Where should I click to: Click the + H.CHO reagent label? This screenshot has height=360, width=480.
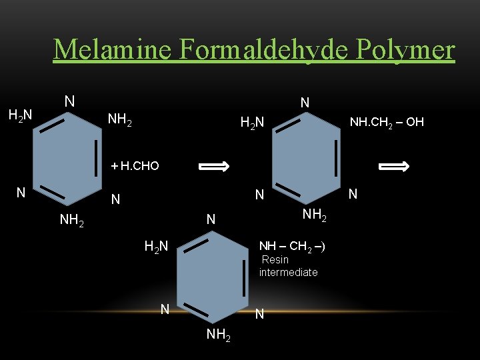(x=135, y=166)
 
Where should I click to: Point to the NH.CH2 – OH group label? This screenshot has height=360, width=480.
(x=387, y=122)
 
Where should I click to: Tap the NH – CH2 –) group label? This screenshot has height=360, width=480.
(x=292, y=247)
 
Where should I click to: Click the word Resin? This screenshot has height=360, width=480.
(x=275, y=259)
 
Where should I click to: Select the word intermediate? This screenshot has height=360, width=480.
(x=288, y=272)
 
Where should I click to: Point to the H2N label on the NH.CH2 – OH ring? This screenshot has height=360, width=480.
(x=253, y=122)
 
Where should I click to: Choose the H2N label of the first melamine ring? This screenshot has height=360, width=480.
(x=20, y=115)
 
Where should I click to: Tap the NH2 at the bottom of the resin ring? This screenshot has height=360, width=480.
(x=219, y=335)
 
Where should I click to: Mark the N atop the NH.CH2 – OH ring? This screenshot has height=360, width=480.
(x=305, y=103)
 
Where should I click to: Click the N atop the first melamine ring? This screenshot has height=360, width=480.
(x=69, y=101)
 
